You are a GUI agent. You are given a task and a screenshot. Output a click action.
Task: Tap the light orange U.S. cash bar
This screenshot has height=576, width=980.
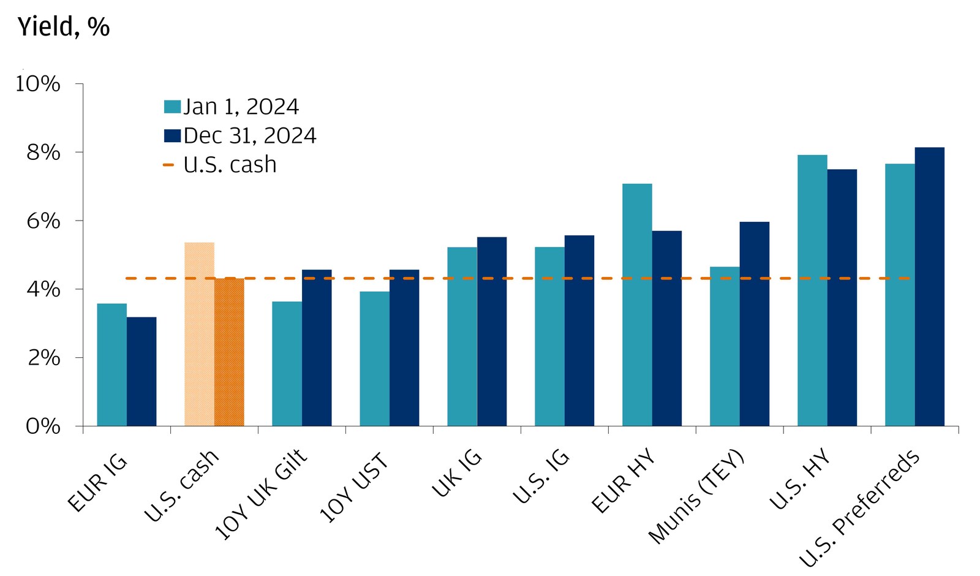[x=199, y=334]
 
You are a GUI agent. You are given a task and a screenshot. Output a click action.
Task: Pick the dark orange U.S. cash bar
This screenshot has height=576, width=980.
[x=229, y=352]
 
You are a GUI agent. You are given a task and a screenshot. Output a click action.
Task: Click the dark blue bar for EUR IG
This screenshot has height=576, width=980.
[x=141, y=371]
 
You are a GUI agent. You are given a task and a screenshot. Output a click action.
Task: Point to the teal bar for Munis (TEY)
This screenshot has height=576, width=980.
[x=725, y=346]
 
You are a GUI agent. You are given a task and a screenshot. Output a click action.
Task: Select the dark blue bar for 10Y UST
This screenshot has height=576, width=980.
[x=404, y=347]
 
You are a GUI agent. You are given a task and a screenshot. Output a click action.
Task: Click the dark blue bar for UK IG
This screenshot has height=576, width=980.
[x=492, y=332]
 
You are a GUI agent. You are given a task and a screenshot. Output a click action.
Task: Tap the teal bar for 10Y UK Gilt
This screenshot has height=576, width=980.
[x=287, y=363]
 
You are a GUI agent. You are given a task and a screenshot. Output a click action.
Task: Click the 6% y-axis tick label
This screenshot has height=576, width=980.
[x=43, y=221]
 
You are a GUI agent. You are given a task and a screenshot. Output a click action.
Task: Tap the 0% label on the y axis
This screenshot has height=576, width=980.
[x=43, y=426]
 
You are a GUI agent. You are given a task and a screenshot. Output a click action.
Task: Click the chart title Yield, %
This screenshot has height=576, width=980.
[x=64, y=27]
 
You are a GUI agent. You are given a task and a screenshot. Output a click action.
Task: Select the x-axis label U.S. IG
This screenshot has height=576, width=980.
[x=540, y=477]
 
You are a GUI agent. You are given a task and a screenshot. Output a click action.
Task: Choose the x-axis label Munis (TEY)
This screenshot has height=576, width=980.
[x=696, y=497]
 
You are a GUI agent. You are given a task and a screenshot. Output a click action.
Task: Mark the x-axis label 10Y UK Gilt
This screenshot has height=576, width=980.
[x=260, y=495]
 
